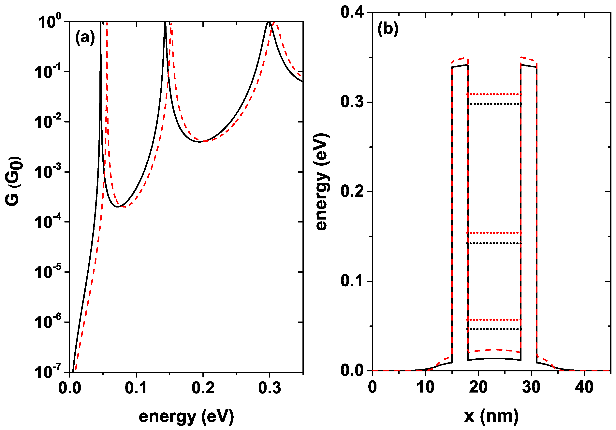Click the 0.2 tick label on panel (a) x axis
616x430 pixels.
click(x=203, y=388)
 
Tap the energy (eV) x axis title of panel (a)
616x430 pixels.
click(x=186, y=416)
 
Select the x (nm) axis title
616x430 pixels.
click(x=491, y=416)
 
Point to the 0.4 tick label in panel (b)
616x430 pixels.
click(x=352, y=12)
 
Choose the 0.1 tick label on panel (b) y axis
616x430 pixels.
click(x=352, y=281)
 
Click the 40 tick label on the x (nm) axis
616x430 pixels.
click(x=584, y=387)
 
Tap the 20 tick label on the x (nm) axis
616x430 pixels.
click(x=478, y=387)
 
